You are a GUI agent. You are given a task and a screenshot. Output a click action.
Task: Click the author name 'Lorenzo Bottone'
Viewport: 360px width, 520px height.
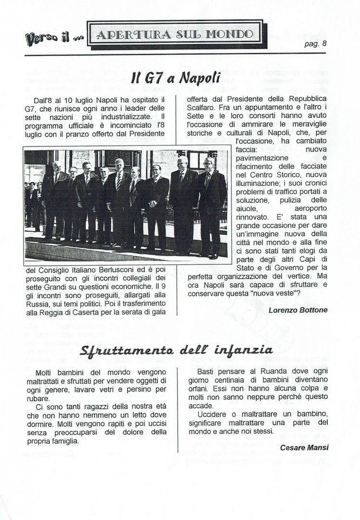298,310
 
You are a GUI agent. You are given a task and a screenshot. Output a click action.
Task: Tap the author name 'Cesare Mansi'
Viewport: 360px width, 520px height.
304,447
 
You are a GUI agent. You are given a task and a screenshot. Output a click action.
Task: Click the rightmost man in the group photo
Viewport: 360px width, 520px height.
210,205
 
